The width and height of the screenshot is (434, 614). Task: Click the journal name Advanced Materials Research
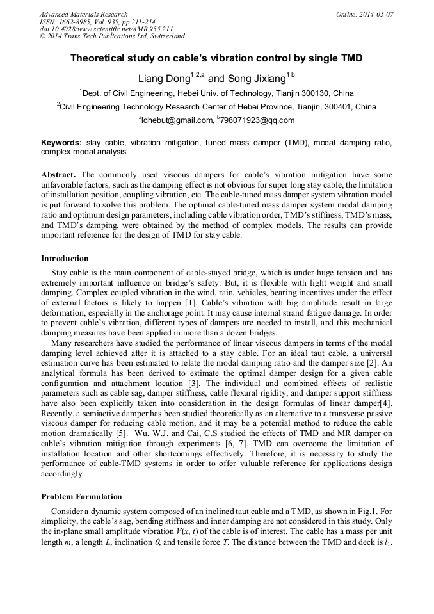click(x=83, y=14)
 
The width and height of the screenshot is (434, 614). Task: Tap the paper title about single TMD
click(x=216, y=58)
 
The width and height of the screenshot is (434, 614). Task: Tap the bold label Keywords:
click(x=61, y=143)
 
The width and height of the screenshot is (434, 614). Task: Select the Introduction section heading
click(x=65, y=259)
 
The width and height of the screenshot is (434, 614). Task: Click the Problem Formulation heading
click(x=81, y=496)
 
